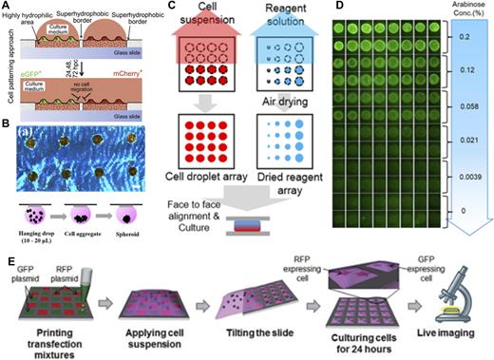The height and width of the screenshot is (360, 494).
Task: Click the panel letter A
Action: coord(7,7)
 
